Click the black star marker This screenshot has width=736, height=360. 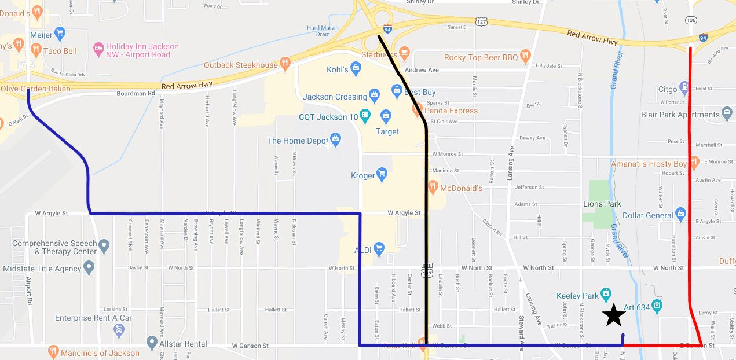pos(614,315)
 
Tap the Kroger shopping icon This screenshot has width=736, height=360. pos(382,174)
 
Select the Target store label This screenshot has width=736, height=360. pos(387,131)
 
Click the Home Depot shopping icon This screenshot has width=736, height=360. pos(335,139)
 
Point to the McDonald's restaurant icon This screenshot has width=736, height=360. pos(432,186)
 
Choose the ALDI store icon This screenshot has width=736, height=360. pos(379,249)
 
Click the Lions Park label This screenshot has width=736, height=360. pos(602,204)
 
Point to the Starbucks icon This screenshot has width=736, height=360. pos(404,53)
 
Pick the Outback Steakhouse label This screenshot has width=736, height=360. pos(240,65)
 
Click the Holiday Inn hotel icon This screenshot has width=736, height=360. pos(98,47)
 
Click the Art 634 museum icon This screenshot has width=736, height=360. pos(657,305)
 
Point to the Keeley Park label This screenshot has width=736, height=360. pos(577,296)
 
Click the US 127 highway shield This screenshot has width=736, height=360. pos(481,21)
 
